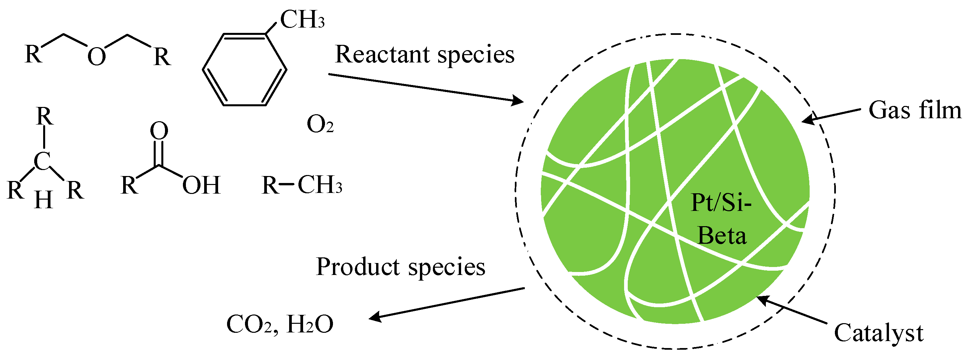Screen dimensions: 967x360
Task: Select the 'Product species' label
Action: click(x=401, y=267)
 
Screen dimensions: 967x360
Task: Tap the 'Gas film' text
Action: click(x=915, y=111)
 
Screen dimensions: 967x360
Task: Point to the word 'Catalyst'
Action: click(x=878, y=333)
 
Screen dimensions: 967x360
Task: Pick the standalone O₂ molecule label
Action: click(x=320, y=125)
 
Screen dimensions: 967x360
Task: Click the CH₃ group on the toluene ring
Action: click(x=302, y=20)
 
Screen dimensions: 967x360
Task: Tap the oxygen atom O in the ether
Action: click(x=97, y=57)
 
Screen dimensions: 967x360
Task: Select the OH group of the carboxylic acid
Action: click(x=201, y=185)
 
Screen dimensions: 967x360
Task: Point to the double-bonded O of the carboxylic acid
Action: click(x=159, y=131)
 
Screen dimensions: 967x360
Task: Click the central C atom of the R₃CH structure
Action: click(x=42, y=162)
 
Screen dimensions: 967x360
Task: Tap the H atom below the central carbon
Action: click(x=43, y=200)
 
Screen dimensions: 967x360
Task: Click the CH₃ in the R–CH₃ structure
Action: click(x=320, y=185)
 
